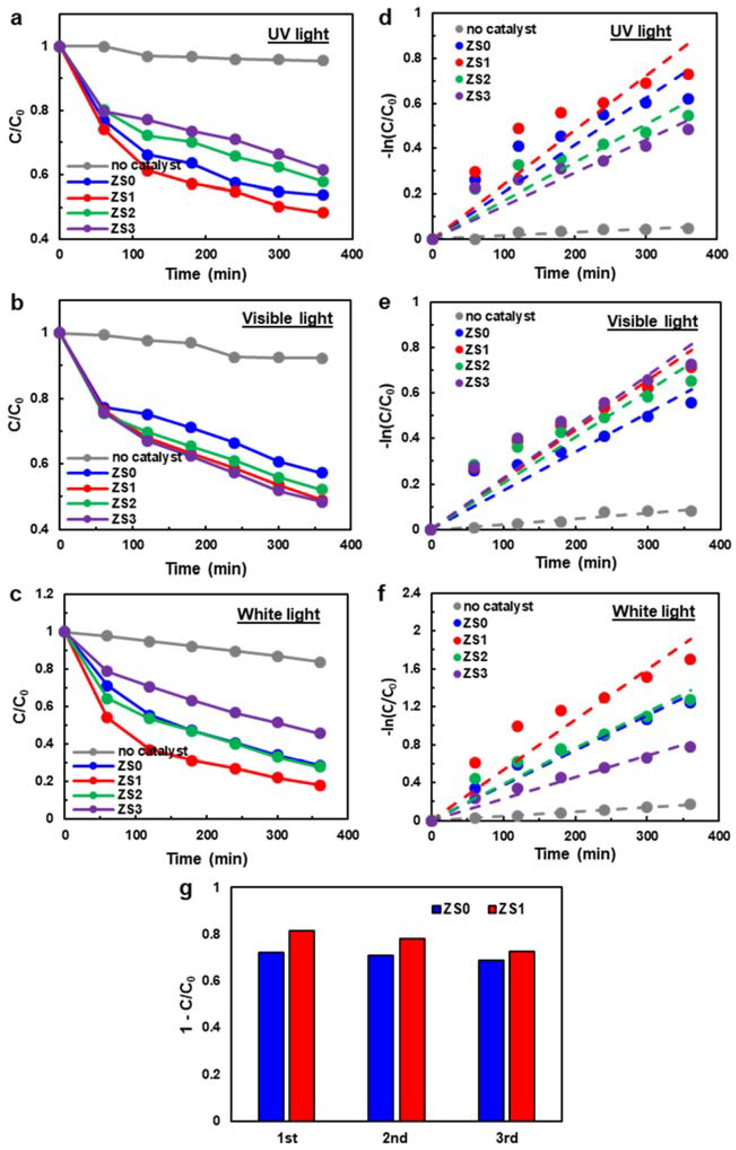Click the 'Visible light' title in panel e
(652, 321)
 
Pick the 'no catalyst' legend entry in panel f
(492, 606)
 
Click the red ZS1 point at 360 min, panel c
(320, 785)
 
